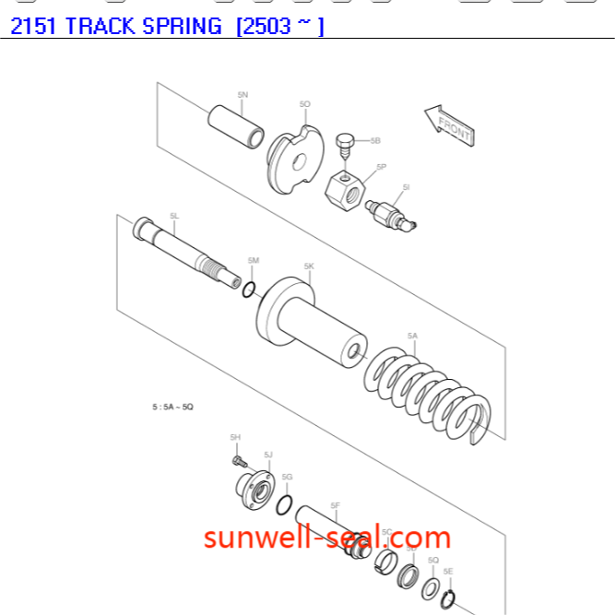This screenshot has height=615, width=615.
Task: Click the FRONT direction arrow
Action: tap(449, 124)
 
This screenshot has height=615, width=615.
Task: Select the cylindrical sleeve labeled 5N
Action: tap(235, 125)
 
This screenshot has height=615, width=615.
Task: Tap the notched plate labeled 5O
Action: tap(295, 160)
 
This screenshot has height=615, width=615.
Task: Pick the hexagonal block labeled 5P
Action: tap(347, 188)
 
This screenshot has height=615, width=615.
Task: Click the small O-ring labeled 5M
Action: tap(248, 290)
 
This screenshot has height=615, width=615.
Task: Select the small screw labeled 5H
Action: tap(238, 458)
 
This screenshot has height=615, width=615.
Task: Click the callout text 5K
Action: tap(309, 266)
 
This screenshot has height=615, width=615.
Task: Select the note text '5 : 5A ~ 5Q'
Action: tap(172, 407)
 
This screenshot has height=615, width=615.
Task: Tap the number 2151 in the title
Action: tap(34, 26)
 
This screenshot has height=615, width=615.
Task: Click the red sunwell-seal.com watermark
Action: tap(327, 537)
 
